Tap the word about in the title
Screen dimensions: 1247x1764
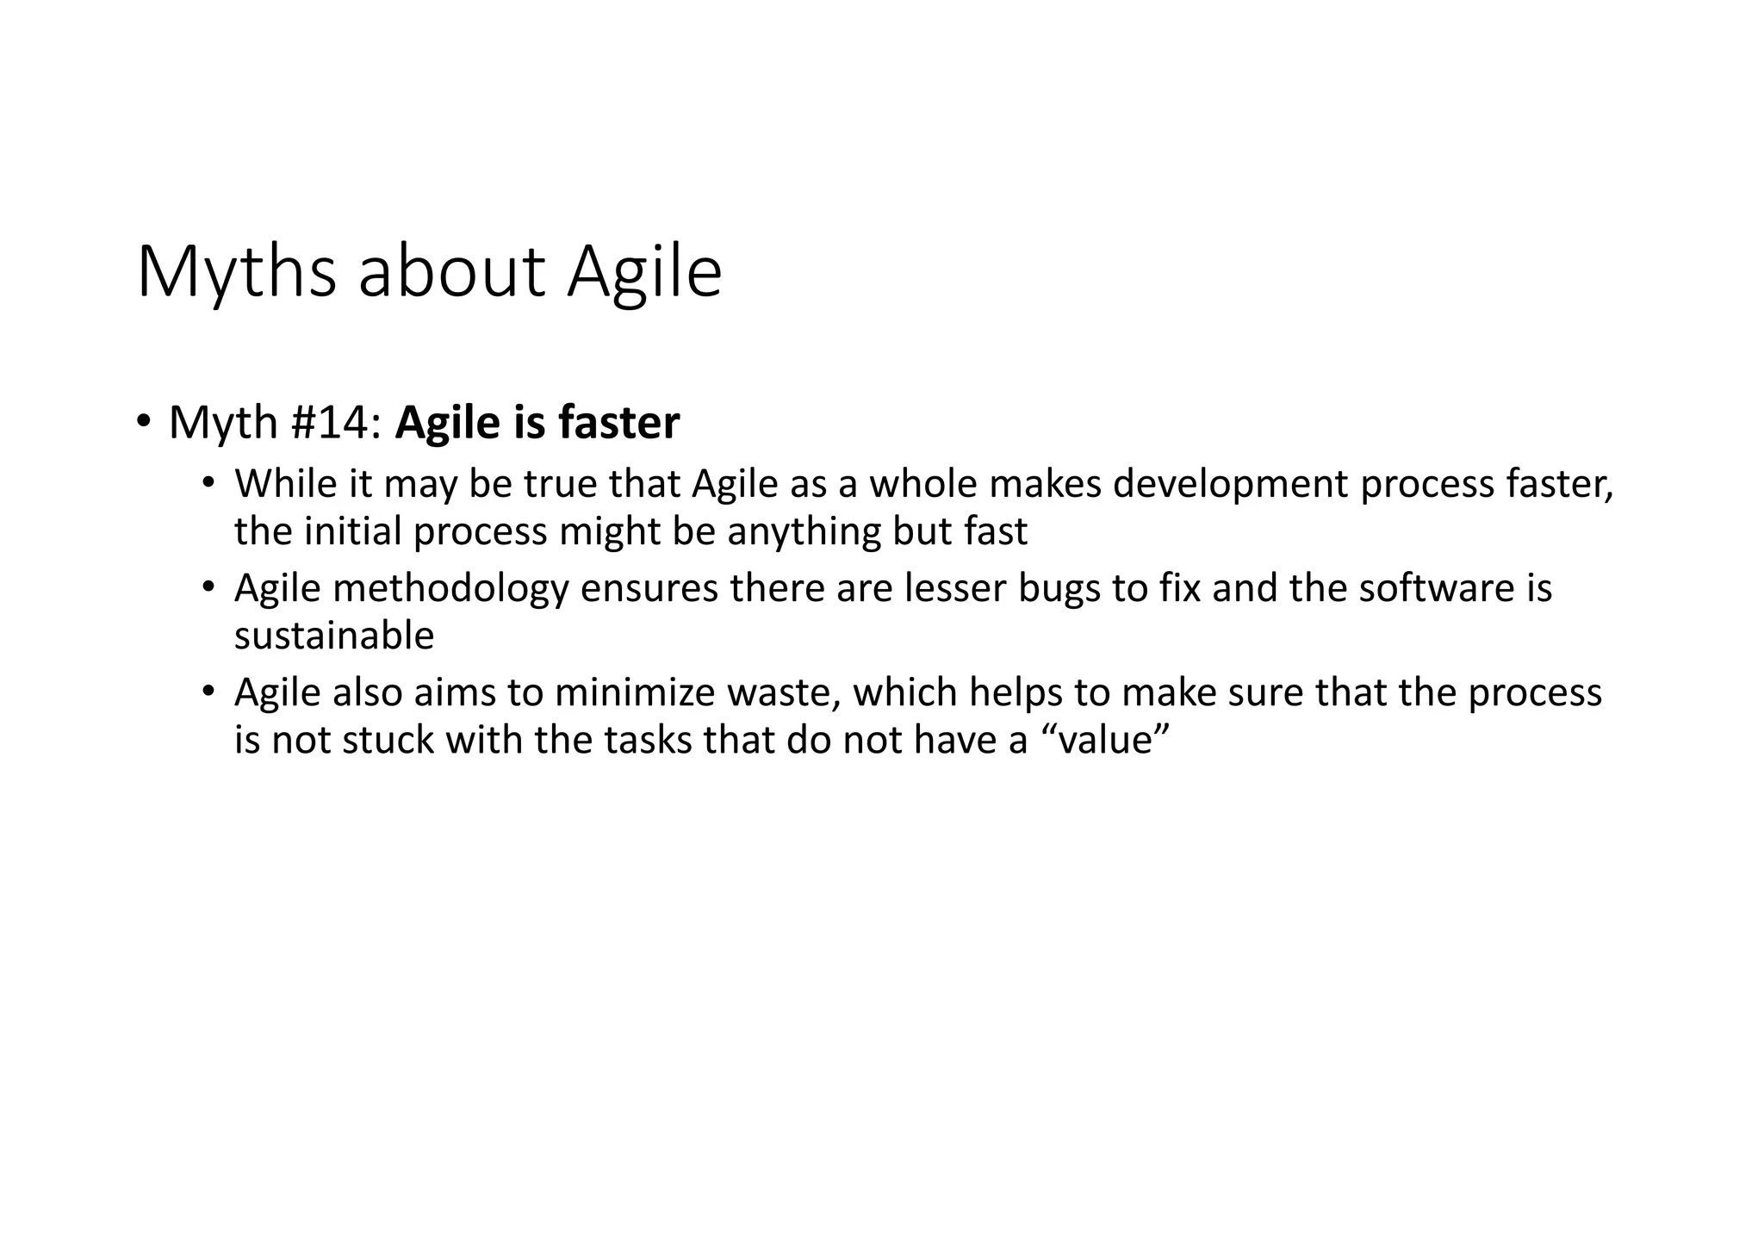(x=452, y=272)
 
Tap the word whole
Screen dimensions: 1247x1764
(x=922, y=484)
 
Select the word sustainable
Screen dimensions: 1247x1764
(x=334, y=636)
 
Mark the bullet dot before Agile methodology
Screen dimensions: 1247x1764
(x=208, y=587)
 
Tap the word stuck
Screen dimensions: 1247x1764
(x=388, y=741)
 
